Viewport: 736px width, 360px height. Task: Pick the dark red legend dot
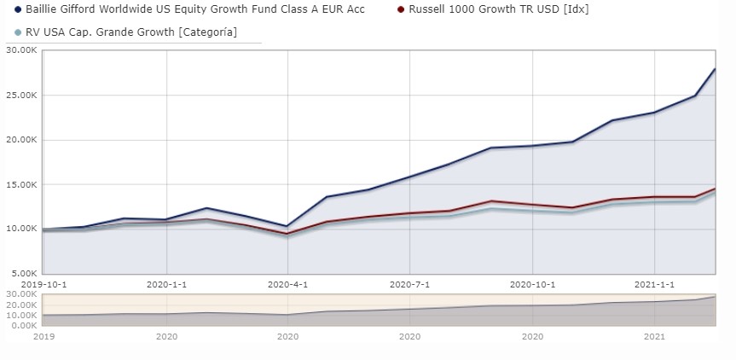point(402,10)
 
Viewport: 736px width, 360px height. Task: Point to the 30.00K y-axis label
point(20,50)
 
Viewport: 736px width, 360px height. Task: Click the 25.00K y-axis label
point(20,95)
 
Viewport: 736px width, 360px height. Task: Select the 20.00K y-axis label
point(20,140)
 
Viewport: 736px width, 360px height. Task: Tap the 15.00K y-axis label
point(20,184)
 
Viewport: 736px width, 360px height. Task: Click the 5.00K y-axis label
point(20,273)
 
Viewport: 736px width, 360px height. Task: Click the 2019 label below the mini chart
point(43,337)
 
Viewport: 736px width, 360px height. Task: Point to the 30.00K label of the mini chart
point(20,295)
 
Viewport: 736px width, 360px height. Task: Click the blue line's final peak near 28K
point(714,69)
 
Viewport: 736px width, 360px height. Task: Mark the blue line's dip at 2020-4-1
point(288,226)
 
